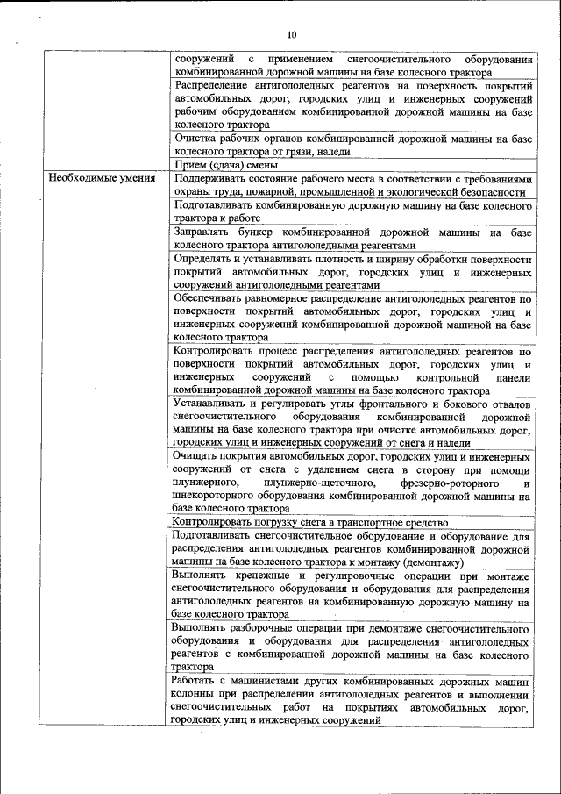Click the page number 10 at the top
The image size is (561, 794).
click(x=291, y=34)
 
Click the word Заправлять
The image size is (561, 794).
click(x=202, y=232)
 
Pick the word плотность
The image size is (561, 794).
click(x=330, y=260)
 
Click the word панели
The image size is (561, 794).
click(x=513, y=377)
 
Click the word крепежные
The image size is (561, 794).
click(x=268, y=576)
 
